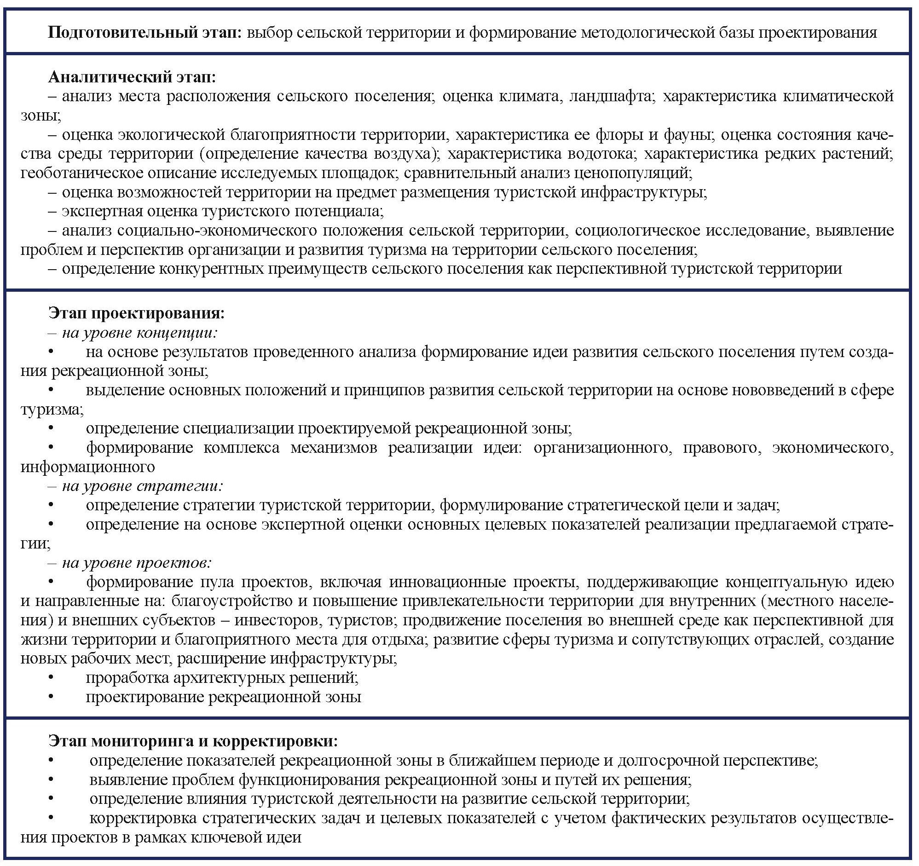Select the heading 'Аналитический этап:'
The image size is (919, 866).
coord(132,77)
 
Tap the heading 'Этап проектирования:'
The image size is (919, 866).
coord(136,313)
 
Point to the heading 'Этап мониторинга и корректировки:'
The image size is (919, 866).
coord(193,741)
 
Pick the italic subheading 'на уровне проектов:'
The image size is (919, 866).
coord(137,563)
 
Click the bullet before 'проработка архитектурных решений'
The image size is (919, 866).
coord(52,678)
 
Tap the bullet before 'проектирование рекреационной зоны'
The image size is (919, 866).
coord(52,697)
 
